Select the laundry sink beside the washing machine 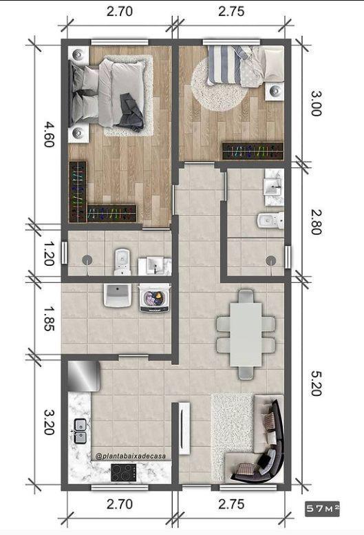coord(118,295)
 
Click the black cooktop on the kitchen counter coord(125,472)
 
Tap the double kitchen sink coord(79,431)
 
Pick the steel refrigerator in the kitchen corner coord(84,376)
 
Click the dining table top coord(246,335)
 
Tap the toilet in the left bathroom coord(122,258)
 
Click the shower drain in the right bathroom coord(271,260)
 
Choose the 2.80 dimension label coord(314,220)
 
